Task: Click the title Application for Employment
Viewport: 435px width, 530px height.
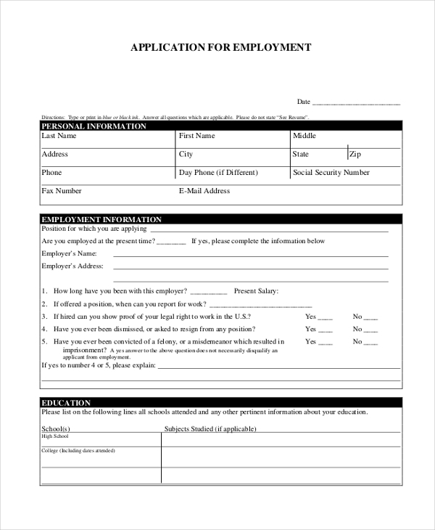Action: pyautogui.click(x=220, y=48)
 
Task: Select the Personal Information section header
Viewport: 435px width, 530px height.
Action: pyautogui.click(x=94, y=126)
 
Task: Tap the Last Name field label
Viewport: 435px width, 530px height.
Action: pyautogui.click(x=59, y=136)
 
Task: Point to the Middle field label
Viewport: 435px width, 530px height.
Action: pyautogui.click(x=304, y=136)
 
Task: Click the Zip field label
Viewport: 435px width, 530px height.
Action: pyautogui.click(x=355, y=154)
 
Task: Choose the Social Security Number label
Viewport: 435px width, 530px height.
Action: pyautogui.click(x=331, y=173)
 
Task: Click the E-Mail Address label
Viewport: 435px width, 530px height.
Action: pyautogui.click(x=204, y=191)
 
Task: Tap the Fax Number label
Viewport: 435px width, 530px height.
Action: pyautogui.click(x=62, y=191)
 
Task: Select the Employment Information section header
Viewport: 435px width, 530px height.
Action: pyautogui.click(x=101, y=219)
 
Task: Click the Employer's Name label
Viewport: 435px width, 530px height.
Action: pyautogui.click(x=69, y=253)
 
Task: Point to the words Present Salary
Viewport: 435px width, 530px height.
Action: pyautogui.click(x=256, y=291)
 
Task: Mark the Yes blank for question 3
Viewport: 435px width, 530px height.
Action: pyautogui.click(x=326, y=318)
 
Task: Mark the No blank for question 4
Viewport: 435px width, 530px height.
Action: pyautogui.click(x=370, y=330)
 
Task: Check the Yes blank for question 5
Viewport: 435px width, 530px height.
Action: pyautogui.click(x=326, y=342)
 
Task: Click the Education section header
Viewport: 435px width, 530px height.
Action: pyautogui.click(x=66, y=403)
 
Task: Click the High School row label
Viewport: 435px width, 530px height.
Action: pyautogui.click(x=55, y=436)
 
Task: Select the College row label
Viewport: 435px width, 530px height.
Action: pyautogui.click(x=78, y=451)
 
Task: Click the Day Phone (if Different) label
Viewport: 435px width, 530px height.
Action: pyautogui.click(x=218, y=173)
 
